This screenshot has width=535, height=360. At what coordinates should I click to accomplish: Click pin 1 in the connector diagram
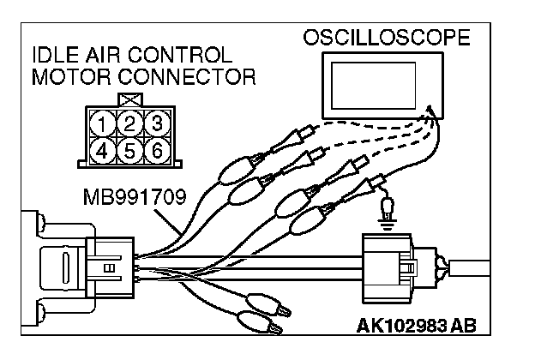pos(105,125)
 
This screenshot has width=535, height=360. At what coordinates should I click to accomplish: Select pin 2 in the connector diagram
pos(129,125)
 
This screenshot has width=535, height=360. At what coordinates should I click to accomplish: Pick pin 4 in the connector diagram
pos(105,152)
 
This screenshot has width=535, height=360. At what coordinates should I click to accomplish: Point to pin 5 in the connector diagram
pos(129,152)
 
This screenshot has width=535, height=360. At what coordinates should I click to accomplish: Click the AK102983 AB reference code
pos(416,327)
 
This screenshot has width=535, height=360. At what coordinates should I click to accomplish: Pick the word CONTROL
pos(181,56)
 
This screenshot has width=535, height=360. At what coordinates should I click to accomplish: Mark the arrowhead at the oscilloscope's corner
pos(430,110)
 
